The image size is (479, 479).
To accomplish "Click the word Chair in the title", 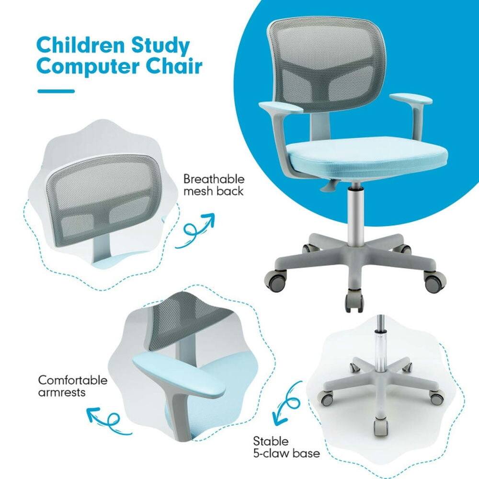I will click(x=174, y=67).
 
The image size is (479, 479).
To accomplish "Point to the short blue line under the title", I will click(x=56, y=91).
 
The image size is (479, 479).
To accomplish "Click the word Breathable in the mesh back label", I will click(x=214, y=180).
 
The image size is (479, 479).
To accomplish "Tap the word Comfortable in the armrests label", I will click(x=73, y=381).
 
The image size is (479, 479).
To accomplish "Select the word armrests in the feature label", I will click(x=62, y=393).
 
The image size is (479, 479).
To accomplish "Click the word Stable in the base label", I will click(x=271, y=441).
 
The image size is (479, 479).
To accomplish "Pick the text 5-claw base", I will click(x=286, y=453).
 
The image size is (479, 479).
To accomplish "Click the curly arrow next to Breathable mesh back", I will click(x=194, y=231).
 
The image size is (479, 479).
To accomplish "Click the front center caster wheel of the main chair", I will click(x=354, y=302).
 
